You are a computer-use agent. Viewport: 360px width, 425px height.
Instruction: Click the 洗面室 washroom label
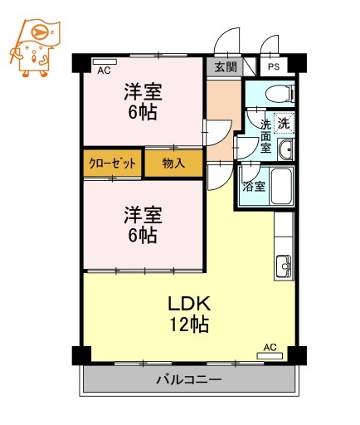click(265, 136)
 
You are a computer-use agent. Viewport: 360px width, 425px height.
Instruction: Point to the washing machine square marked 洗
click(284, 123)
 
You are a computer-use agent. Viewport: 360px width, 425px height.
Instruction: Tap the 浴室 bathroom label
click(254, 187)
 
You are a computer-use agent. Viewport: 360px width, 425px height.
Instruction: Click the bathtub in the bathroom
click(280, 188)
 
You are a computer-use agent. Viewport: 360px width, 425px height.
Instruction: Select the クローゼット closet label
click(113, 164)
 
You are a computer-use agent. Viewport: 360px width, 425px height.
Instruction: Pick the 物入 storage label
click(173, 164)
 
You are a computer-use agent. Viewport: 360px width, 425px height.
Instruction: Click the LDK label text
click(189, 302)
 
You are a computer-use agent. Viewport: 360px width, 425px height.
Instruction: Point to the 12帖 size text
click(189, 324)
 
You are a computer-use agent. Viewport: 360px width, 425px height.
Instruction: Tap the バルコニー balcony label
click(189, 381)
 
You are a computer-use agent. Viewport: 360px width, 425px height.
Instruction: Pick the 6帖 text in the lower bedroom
click(143, 235)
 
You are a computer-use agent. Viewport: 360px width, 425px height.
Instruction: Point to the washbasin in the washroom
click(285, 150)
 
